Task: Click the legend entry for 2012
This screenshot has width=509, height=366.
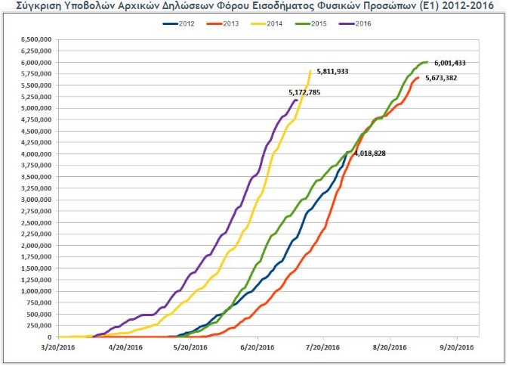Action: (x=180, y=24)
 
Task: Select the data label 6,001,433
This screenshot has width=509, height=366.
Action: (x=455, y=63)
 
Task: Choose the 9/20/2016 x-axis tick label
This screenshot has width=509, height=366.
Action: (x=456, y=348)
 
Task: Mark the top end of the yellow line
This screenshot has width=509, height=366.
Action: (x=310, y=71)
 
